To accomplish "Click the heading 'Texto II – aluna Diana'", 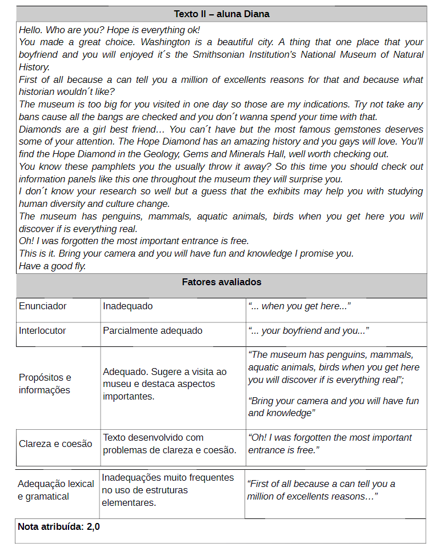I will [222, 14].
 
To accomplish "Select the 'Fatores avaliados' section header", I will [222, 282].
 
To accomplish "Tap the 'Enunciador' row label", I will [42, 306].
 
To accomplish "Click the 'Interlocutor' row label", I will [42, 331].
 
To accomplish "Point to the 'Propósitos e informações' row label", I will [45, 384].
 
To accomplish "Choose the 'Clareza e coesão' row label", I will [55, 444].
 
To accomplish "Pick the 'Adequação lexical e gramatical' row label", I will [55, 490].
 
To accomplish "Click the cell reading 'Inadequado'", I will [128, 306].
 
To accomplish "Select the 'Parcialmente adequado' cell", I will [153, 331].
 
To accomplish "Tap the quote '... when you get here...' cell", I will [299, 306].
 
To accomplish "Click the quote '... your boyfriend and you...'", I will [308, 331].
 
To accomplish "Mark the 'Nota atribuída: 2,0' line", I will [59, 526].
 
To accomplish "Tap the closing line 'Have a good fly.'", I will [52, 266].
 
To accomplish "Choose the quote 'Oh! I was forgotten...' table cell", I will [330, 444].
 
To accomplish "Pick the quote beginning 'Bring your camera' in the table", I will [333, 407].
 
